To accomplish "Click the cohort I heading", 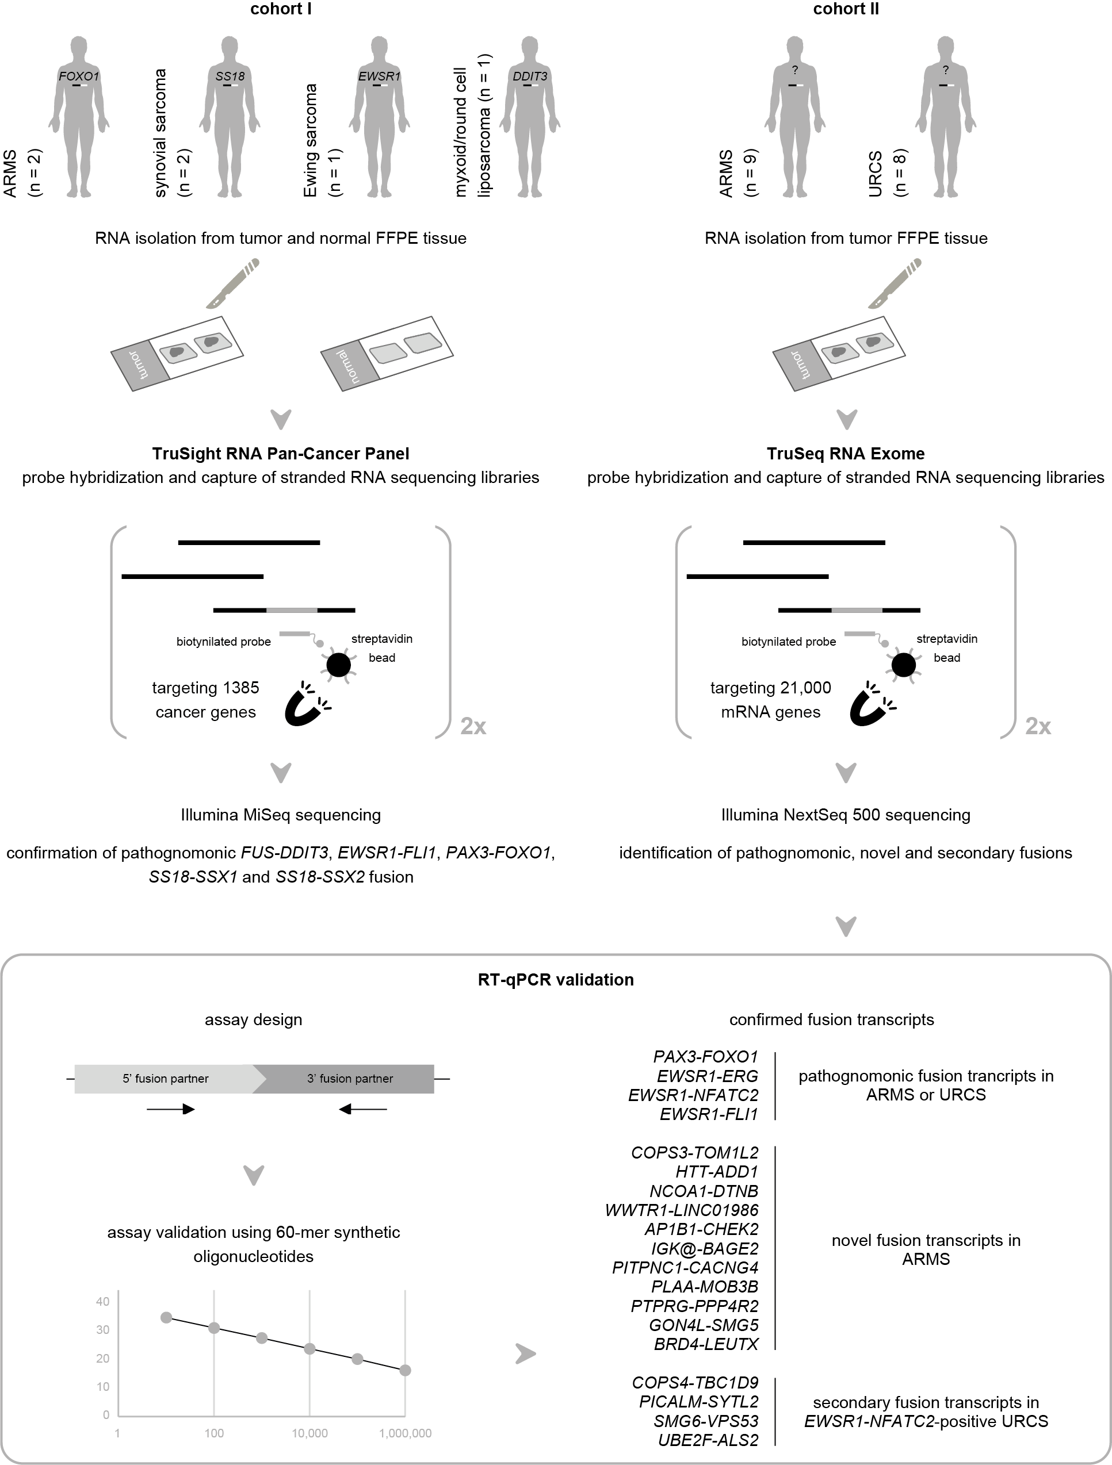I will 280,9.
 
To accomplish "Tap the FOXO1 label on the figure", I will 78,76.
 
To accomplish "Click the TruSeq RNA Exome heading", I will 845,454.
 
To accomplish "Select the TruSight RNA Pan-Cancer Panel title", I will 280,454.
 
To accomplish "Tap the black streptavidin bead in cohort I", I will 339,664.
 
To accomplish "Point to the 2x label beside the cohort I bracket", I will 473,727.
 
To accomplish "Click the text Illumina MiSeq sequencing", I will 280,815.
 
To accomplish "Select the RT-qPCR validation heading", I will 555,980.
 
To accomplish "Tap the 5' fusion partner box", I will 166,1079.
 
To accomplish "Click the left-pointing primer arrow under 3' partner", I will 362,1109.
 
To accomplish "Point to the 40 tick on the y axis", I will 103,1301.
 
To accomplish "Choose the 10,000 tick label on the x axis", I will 309,1433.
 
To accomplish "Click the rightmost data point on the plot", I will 405,1370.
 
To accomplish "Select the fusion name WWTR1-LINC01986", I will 681,1210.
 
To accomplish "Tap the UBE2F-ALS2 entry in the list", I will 708,1440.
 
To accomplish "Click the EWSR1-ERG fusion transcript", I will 707,1076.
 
